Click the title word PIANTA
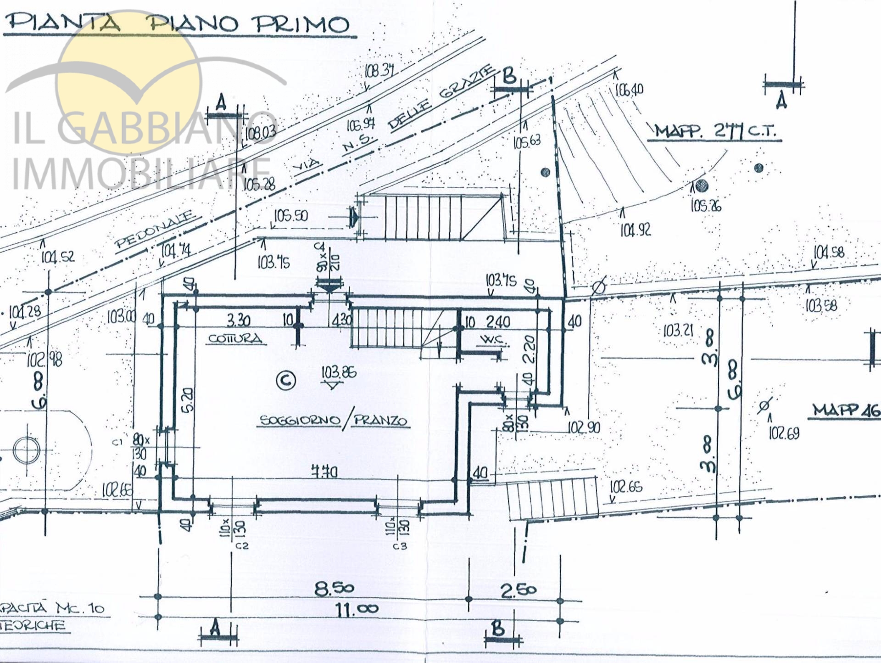(x=64, y=22)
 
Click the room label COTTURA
(x=235, y=339)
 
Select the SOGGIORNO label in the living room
(x=300, y=420)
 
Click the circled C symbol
(x=286, y=380)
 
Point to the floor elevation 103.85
(x=339, y=372)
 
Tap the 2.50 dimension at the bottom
(x=518, y=590)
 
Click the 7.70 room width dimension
(x=324, y=472)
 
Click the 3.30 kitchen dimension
(x=239, y=320)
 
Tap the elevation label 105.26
(x=706, y=206)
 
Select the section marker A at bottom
(x=215, y=629)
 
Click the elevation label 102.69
(x=784, y=433)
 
